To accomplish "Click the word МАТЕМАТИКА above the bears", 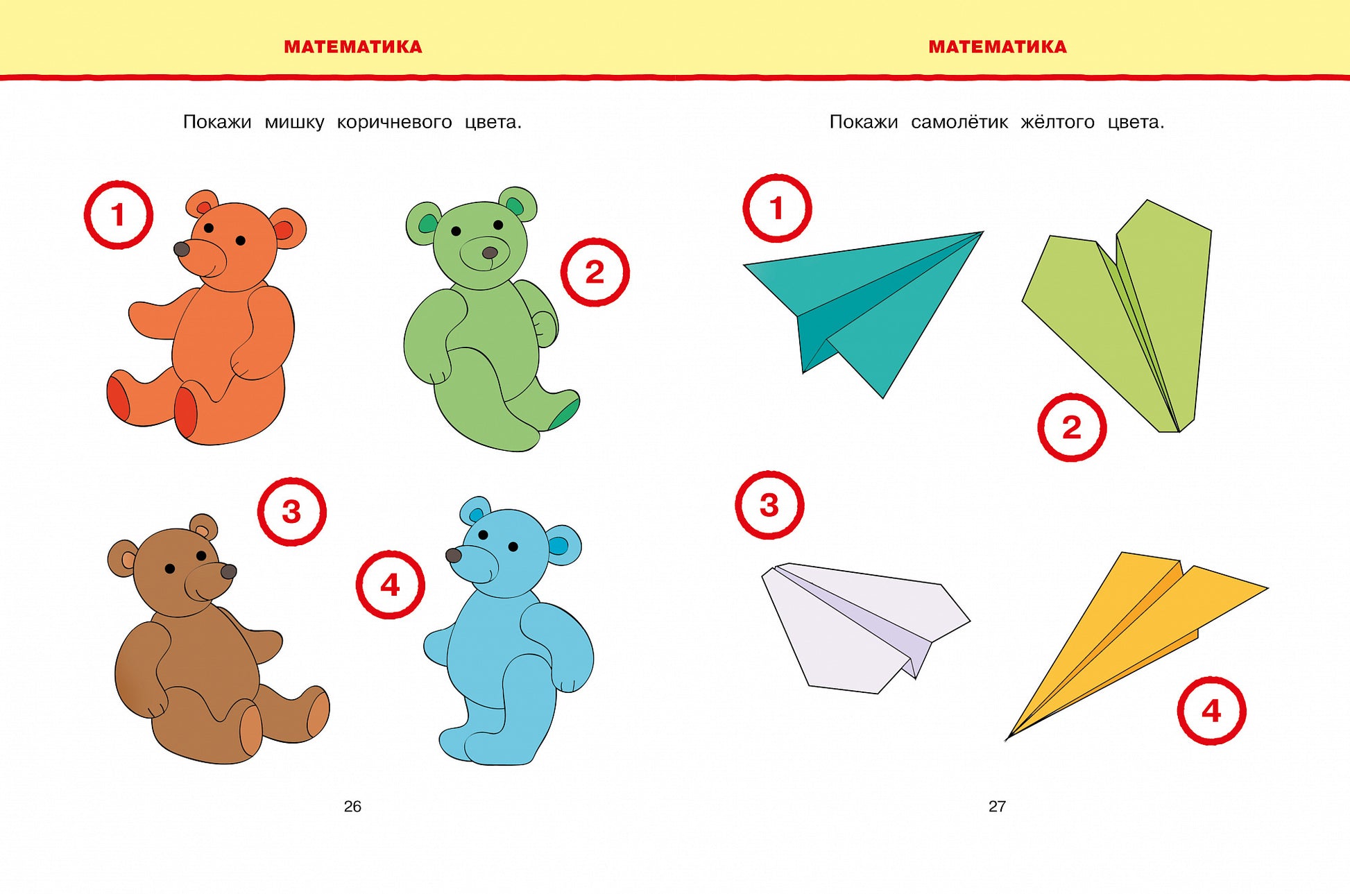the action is coord(353,47).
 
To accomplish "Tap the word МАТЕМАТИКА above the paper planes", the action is coord(998,47).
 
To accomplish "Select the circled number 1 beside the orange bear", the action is coord(119,214).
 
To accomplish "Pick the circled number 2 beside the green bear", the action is coord(595,272).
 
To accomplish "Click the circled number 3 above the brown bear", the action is coord(292,512).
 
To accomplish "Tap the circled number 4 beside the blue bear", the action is coord(391,585).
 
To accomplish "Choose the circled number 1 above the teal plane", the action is coord(777,208).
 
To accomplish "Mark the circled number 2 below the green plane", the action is coord(1072,427).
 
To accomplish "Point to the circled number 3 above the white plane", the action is coord(769,505).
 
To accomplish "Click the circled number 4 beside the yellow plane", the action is coord(1211,711).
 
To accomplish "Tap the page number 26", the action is coord(352,806).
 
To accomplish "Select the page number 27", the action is coord(997,806).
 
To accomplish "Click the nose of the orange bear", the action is coord(182,249).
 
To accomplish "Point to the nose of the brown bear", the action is coord(228,571).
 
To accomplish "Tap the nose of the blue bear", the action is coord(454,555).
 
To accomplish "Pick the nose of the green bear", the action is coord(490,252).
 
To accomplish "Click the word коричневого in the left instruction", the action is coord(394,123).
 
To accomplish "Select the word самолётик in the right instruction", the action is coord(959,122).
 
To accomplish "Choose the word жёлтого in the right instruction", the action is coord(1057,122).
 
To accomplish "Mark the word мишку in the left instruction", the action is coord(294,123).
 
